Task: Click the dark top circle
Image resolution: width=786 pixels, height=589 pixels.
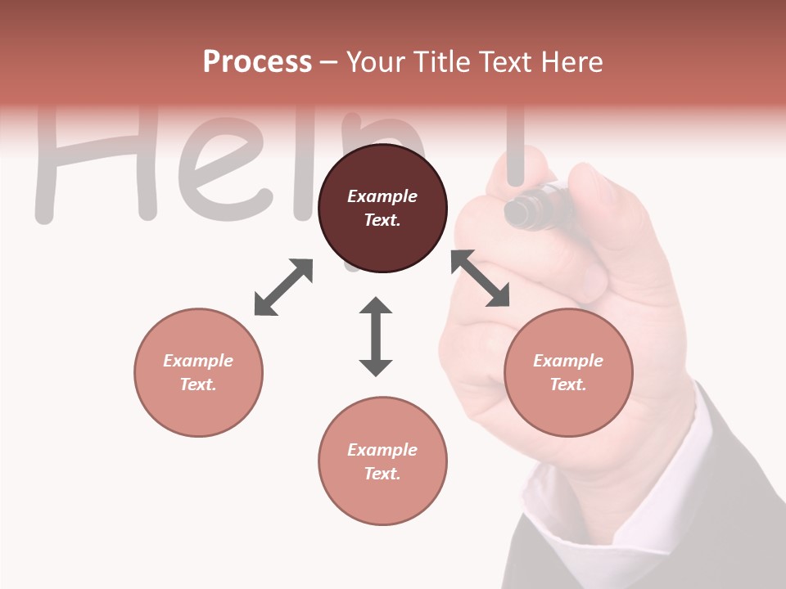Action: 382,208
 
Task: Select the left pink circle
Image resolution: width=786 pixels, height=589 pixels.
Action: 198,372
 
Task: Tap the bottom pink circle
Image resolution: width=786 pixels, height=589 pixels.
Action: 382,461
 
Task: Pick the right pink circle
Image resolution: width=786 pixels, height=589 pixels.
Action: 567,372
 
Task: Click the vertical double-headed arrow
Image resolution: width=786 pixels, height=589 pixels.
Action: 376,336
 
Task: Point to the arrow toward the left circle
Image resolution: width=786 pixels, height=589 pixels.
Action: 283,287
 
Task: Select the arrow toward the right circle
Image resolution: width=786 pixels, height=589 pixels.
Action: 480,278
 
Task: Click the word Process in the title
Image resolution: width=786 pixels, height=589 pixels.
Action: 257,62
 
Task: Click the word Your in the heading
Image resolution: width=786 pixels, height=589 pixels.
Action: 375,62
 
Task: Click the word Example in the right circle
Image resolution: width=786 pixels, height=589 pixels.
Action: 567,361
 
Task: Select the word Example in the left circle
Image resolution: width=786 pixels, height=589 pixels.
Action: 198,361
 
